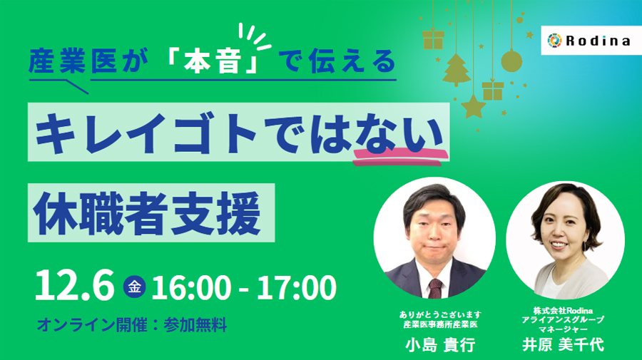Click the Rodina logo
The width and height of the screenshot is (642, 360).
[588, 41]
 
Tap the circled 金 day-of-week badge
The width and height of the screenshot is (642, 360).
[133, 287]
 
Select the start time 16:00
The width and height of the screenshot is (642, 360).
[191, 287]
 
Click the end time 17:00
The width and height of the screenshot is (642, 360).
[296, 287]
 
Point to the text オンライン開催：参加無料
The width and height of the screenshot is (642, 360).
[131, 326]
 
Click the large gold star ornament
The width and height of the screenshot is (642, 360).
[474, 106]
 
